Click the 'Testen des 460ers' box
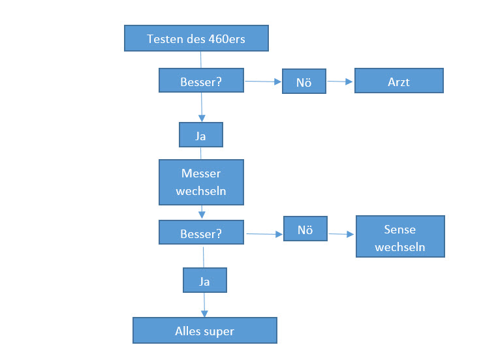[196, 38]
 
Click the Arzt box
[398, 81]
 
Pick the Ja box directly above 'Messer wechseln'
[201, 135]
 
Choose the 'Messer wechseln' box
[201, 183]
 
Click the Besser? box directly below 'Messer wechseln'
[201, 233]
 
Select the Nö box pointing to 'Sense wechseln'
[305, 230]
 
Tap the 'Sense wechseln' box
[400, 237]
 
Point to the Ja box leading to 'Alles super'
[204, 281]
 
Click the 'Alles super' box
[204, 330]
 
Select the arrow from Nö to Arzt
[340, 82]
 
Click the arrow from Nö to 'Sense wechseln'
[341, 233]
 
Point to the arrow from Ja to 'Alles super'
[204, 305]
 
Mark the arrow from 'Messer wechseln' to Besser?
[202, 213]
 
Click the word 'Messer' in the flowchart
[201, 174]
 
